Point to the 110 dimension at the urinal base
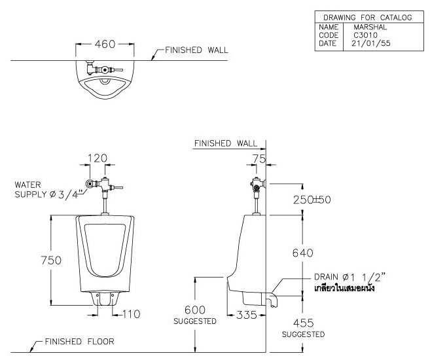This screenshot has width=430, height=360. [132, 314]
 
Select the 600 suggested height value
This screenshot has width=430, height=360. [194, 310]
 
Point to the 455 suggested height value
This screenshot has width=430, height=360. [303, 322]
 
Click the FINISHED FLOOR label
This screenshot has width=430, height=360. [79, 341]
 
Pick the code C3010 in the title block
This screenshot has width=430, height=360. [366, 35]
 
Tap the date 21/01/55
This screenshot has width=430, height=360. [369, 43]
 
